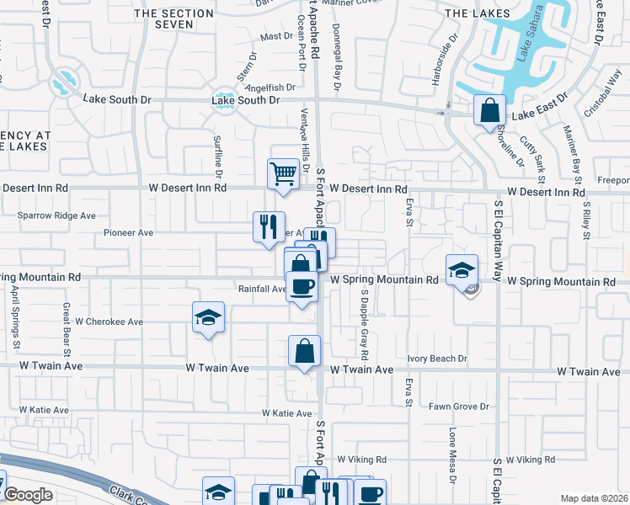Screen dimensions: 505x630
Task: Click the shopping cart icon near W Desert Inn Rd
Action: point(283,173)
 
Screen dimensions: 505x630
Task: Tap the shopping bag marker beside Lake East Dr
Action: point(489,110)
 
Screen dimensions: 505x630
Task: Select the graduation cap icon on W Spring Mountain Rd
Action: point(462,269)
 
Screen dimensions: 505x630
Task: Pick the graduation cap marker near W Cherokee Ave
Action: point(208,317)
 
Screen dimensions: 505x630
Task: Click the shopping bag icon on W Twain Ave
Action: point(304,351)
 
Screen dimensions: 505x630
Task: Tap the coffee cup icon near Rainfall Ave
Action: point(302,286)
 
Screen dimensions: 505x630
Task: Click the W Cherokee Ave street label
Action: point(109,322)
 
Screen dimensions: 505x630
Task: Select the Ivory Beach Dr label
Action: point(436,359)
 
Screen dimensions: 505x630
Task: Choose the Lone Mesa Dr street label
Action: point(452,456)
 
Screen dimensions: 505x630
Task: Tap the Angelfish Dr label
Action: point(270,87)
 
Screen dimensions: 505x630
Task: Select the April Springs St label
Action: point(15,316)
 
